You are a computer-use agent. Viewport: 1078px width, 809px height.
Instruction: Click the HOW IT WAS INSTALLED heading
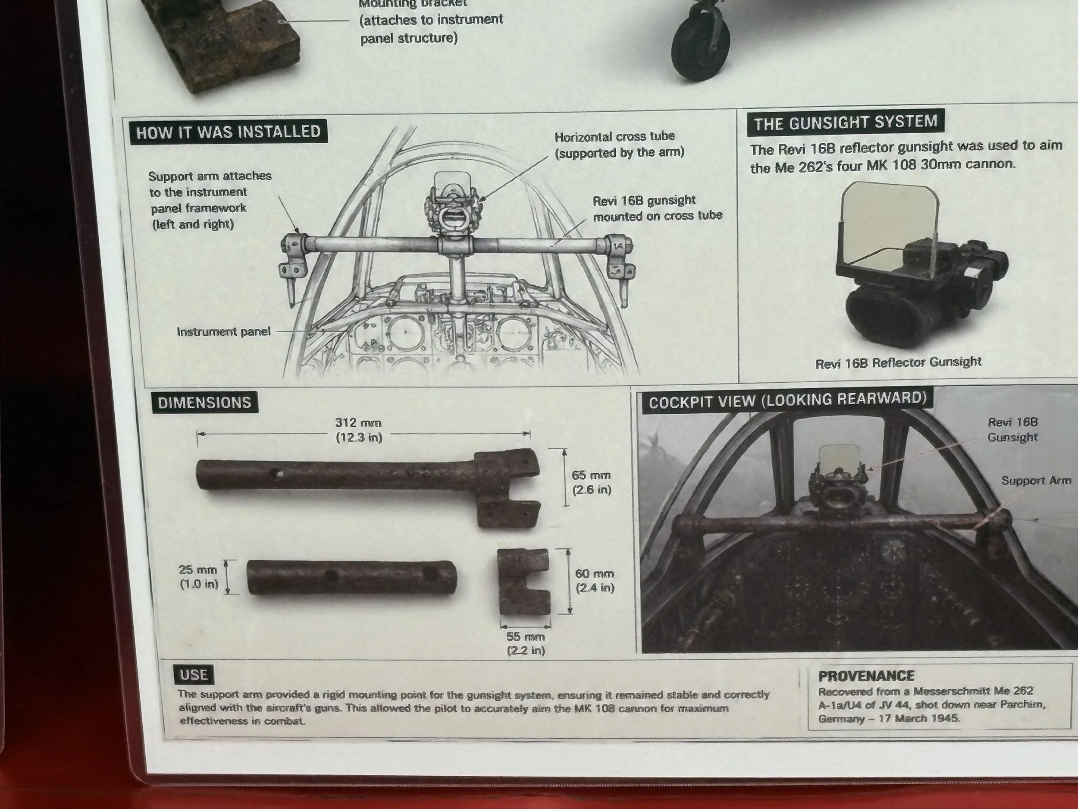coord(228,132)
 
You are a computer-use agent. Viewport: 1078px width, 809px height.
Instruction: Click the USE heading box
coord(194,675)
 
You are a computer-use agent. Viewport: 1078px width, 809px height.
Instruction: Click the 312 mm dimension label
coord(359,430)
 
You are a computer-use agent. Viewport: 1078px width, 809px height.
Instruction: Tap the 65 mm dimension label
coord(591,482)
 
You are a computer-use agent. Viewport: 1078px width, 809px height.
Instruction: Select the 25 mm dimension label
coord(199,576)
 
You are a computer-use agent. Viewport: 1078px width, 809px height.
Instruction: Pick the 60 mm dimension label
coord(595,580)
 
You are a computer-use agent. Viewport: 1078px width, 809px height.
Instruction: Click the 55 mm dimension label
coord(525,643)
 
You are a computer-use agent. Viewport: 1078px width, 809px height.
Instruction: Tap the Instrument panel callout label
coord(223,332)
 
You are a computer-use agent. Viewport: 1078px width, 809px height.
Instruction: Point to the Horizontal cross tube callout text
coord(619,145)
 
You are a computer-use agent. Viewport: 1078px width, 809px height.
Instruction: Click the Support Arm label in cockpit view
coord(1036,480)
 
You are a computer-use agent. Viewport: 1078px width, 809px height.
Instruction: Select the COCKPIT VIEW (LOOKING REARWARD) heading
coord(787,400)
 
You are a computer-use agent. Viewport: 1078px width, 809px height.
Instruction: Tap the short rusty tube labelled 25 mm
coord(352,577)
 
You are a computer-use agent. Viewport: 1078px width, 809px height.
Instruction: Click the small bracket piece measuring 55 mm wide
coord(523,582)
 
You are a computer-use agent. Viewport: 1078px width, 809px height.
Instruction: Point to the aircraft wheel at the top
coord(701,46)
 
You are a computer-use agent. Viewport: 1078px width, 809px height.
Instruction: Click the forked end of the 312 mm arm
coord(508,488)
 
